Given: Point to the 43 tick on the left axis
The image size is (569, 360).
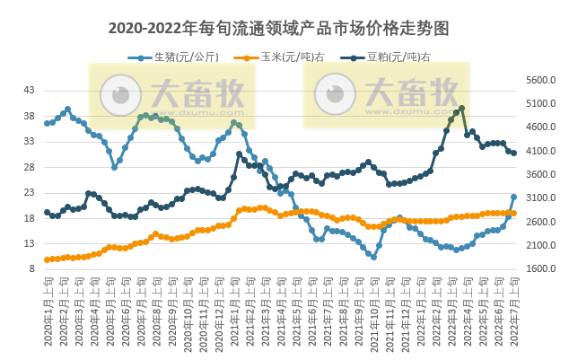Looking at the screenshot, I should [30, 90].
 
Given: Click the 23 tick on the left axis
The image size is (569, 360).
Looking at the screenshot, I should [30, 192].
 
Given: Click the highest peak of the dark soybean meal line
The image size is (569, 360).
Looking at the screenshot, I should [461, 109].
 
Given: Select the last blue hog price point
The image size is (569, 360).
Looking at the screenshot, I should [513, 197].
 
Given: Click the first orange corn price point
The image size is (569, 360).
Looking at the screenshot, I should [47, 259].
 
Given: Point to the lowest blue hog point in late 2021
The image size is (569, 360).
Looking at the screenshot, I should [373, 257].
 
